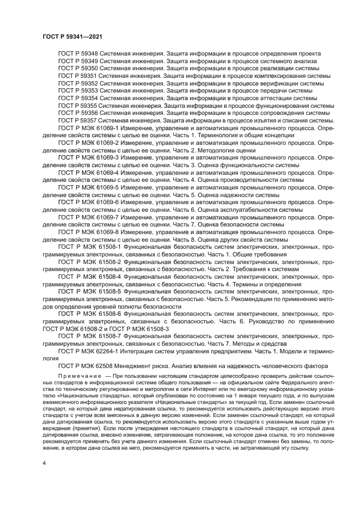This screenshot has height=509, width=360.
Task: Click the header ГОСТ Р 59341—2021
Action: pos(73,36)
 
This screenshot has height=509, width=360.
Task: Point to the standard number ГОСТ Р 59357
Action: pos(77,120)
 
